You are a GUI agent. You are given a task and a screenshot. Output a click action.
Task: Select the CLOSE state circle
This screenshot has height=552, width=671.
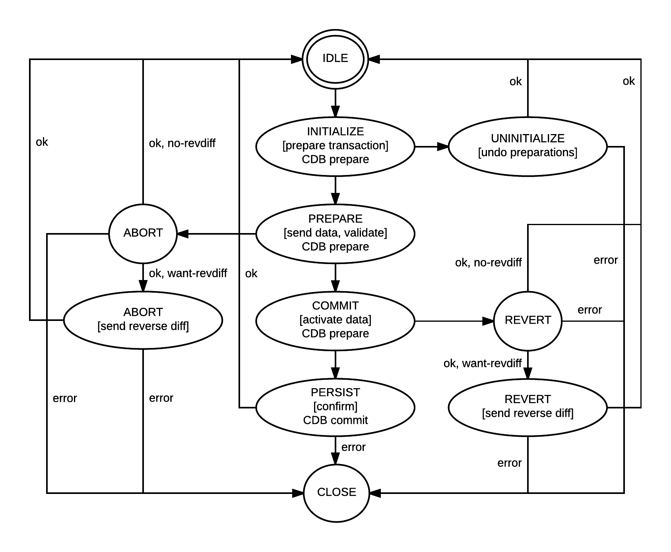coord(336,492)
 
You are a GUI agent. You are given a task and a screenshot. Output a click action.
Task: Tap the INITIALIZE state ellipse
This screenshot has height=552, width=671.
coord(335,146)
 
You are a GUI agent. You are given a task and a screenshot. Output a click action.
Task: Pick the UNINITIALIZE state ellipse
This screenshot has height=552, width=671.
coord(527,146)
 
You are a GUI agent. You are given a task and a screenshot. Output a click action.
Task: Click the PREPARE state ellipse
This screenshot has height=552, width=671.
coord(335,233)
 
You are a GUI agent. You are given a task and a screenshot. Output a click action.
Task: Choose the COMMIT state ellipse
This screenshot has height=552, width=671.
coord(335,320)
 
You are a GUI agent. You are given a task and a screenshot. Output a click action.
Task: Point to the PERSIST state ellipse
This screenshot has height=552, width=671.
coord(335,407)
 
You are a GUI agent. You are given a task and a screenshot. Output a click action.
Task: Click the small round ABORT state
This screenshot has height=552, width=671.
coord(143,233)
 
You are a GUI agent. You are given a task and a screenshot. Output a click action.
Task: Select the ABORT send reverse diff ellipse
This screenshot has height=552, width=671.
coord(143,320)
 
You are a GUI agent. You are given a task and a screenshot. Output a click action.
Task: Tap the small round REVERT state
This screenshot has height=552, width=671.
coord(527,321)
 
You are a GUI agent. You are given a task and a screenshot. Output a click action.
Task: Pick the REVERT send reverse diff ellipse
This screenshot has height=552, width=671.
coord(527,407)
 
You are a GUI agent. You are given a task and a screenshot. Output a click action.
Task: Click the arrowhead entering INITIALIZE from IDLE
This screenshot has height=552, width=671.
coord(335,111)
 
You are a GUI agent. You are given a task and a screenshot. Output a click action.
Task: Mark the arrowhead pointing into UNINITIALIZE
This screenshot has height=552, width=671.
coord(443,146)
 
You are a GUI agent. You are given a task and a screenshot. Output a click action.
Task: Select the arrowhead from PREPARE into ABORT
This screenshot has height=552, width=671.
coord(183,233)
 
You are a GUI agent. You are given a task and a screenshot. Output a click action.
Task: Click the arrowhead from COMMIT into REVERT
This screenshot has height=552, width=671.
coord(488,321)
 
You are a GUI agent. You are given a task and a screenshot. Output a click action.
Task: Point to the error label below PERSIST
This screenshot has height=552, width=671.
coord(353,447)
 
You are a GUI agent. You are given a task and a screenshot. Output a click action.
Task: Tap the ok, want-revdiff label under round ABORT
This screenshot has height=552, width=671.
coord(188,274)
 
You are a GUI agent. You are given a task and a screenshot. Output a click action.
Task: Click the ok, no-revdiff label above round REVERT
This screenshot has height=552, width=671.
coord(488,262)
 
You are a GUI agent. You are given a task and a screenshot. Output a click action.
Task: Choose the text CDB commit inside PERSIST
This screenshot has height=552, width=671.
coord(335,420)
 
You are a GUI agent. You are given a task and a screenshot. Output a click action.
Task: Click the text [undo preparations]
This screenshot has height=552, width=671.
coord(527,152)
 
